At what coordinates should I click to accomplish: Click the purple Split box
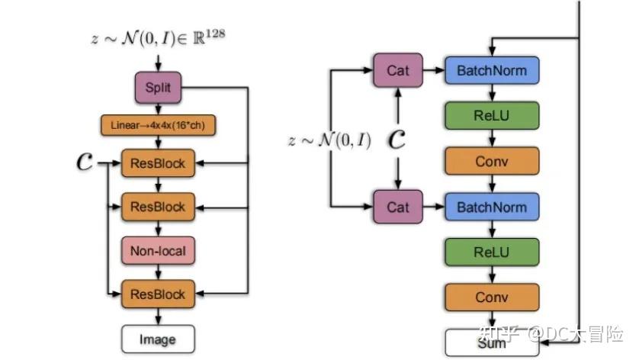[159, 87]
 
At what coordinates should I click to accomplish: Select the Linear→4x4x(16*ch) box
[158, 125]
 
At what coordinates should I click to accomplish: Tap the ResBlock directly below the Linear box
[158, 162]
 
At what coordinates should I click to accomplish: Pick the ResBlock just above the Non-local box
[158, 206]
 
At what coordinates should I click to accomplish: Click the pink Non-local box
[158, 249]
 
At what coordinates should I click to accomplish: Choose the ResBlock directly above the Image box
[158, 294]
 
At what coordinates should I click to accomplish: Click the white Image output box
[158, 339]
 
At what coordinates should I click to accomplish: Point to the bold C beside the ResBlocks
[85, 162]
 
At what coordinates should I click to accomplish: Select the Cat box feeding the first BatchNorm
[397, 70]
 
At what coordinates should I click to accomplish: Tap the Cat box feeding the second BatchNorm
[397, 207]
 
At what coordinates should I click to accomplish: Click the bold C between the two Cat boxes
[397, 139]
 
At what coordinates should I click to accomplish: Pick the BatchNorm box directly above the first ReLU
[492, 70]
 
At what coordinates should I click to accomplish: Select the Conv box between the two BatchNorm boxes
[492, 161]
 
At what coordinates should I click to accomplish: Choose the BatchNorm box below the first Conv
[492, 207]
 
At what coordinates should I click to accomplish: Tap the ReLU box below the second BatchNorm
[492, 252]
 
